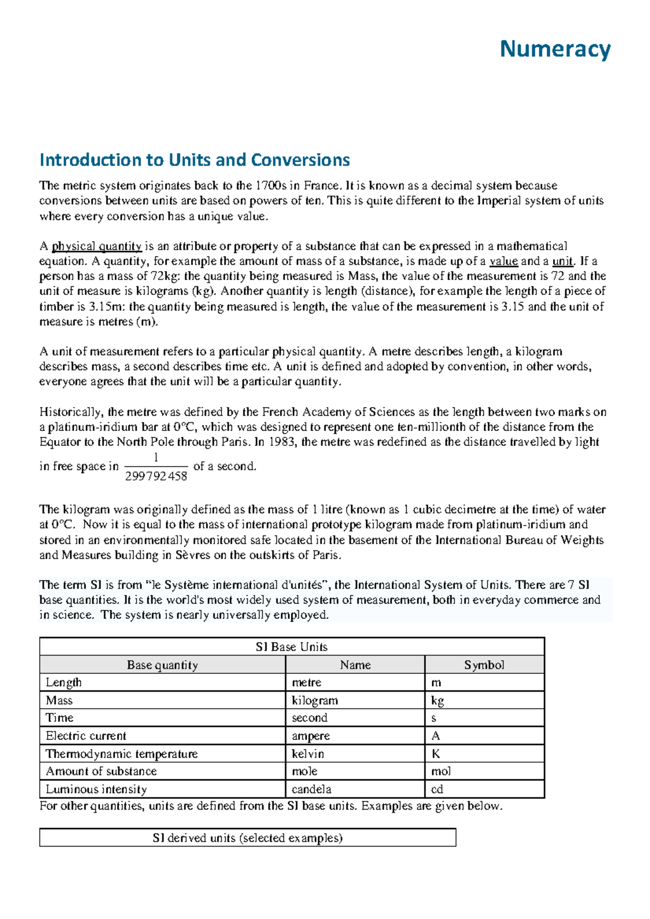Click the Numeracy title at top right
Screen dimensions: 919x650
(555, 49)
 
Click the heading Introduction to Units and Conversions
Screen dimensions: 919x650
(194, 160)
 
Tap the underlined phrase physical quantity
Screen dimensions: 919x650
(96, 246)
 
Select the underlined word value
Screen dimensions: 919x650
(503, 261)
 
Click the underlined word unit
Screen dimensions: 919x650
(562, 261)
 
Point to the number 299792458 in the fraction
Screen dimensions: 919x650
(156, 476)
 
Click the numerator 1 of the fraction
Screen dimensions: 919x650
(156, 458)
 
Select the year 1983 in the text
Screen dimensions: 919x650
(282, 442)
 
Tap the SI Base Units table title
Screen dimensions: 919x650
(291, 647)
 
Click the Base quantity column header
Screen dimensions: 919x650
(162, 665)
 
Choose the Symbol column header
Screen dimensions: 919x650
(484, 665)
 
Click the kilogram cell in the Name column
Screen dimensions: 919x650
(315, 700)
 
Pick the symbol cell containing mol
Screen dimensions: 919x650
(440, 771)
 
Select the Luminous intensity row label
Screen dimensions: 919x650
(96, 789)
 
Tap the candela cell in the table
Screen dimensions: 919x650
(311, 789)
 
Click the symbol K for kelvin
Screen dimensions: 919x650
(435, 753)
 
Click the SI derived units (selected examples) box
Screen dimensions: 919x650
(248, 838)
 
